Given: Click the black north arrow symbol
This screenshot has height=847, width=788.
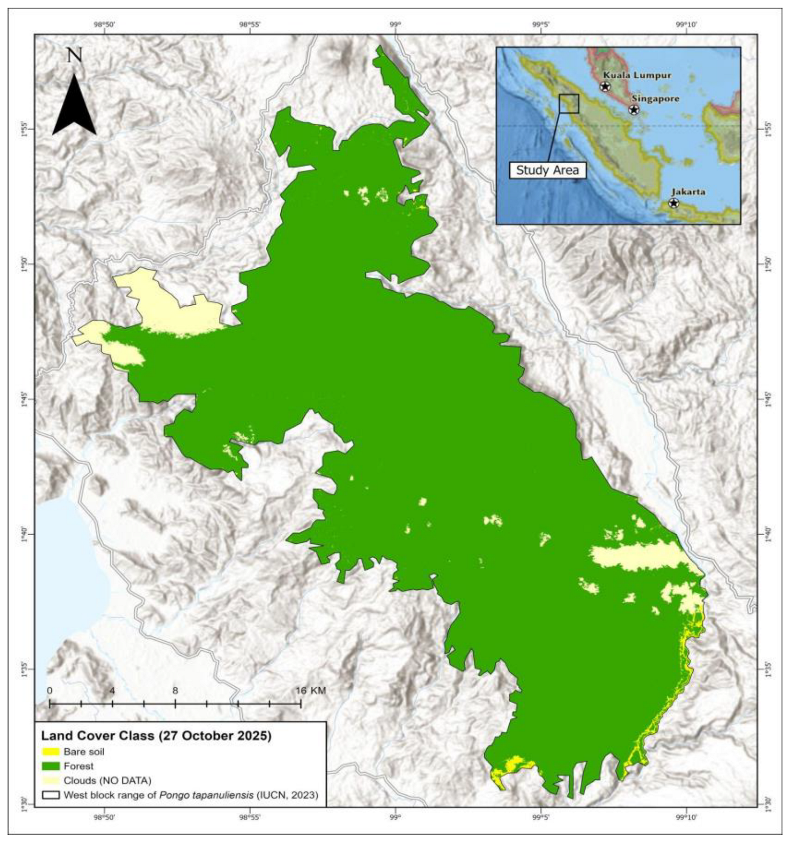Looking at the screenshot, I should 74,108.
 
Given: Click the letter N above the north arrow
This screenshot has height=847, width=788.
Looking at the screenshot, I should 75,55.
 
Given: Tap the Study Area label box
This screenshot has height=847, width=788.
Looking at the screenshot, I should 547,171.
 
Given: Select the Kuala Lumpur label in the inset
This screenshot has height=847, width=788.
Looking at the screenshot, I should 637,75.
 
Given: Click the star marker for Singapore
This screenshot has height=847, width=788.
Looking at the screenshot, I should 634,109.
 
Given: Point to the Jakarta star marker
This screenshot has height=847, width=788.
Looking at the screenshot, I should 674,203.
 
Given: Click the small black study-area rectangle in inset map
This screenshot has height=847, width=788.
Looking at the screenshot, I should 569,103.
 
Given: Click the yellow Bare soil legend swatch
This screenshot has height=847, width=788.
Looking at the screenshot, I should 51,752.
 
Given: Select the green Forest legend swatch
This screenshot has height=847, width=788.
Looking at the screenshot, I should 51,767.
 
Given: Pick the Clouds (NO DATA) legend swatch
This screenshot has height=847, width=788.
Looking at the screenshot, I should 51,781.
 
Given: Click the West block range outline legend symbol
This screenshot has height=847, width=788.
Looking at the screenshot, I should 51,795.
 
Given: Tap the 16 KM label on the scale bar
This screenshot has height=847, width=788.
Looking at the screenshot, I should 310,691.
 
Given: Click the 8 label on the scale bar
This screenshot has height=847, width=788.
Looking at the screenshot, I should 175,691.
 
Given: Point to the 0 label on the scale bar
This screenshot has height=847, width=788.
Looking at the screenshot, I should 50,691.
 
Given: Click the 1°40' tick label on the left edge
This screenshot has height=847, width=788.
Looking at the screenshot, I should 24,534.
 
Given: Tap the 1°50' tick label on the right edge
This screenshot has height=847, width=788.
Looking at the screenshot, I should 767,264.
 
